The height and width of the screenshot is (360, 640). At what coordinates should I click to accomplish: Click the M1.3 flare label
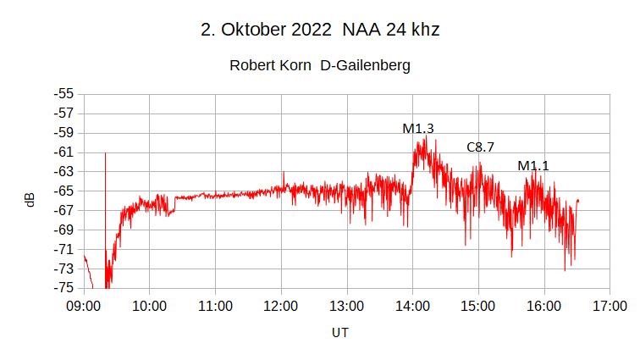[x=418, y=129]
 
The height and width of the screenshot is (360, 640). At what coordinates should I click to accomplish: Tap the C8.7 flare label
[x=480, y=147]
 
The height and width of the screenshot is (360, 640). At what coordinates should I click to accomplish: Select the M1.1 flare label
[x=533, y=166]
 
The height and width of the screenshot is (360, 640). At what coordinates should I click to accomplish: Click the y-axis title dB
[x=30, y=200]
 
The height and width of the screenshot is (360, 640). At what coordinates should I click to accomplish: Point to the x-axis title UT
[x=339, y=333]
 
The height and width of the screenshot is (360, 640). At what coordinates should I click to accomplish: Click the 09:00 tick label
[x=83, y=305]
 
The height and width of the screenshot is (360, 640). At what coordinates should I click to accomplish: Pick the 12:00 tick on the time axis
[x=280, y=305]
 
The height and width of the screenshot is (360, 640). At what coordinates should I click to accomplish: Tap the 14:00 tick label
[x=412, y=305]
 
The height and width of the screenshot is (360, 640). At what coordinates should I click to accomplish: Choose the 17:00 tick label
[x=610, y=305]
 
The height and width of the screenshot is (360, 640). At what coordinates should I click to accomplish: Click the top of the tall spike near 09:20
[x=105, y=153]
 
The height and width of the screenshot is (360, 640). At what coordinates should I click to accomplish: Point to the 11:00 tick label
[x=215, y=305]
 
